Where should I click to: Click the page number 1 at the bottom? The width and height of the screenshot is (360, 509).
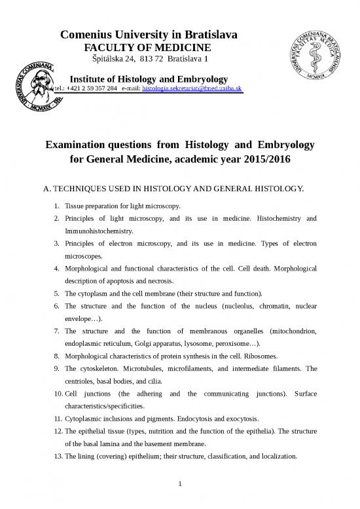click(180, 485)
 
